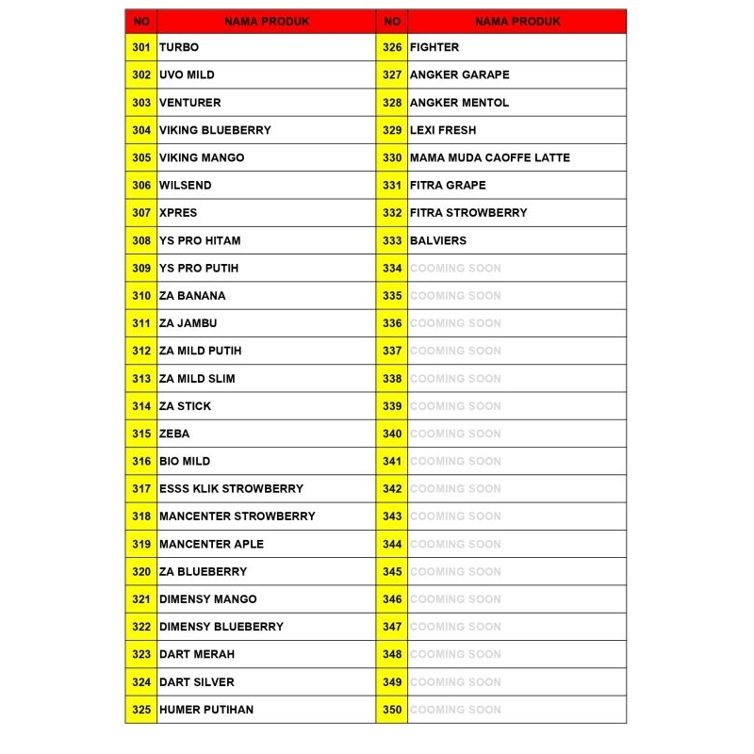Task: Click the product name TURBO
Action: pos(179,47)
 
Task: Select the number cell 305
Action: pos(141,157)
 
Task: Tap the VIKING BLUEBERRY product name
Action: pos(215,130)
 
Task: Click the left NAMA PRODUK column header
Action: pos(266,21)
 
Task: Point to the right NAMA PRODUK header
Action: pos(517,21)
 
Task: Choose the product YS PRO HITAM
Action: pos(199,240)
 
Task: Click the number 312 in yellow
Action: pos(141,351)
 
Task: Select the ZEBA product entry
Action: pos(174,434)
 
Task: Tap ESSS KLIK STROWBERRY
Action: pos(231,488)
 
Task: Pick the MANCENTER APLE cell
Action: pos(211,544)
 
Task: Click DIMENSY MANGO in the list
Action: pos(207,598)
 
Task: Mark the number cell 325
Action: pos(141,709)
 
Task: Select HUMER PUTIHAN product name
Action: pos(205,709)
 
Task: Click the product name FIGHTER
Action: pos(434,47)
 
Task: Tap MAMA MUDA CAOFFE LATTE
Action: pos(489,157)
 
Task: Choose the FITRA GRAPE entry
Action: pos(448,185)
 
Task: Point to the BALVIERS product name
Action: pos(438,240)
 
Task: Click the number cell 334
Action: pos(392,268)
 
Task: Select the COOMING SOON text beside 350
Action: pos(455,709)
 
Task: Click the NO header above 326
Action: pos(392,21)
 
